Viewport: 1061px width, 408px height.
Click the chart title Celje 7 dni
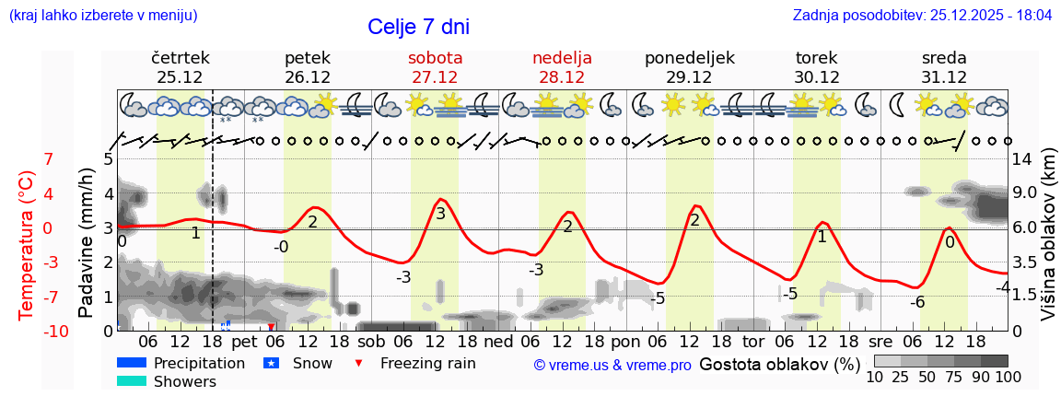tap(424, 27)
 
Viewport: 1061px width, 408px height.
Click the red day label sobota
tap(435, 58)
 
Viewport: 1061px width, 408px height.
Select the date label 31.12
tap(943, 77)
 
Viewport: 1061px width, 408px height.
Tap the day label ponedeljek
tap(689, 58)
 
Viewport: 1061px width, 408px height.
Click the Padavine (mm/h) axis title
tap(87, 243)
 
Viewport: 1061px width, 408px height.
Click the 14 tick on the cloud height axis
tap(1024, 158)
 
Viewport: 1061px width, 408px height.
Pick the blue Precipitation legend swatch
tap(132, 363)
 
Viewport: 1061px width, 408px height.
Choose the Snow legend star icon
tap(271, 363)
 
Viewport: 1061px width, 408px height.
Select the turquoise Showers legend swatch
tap(132, 381)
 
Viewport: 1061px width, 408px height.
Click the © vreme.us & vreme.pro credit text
tap(612, 365)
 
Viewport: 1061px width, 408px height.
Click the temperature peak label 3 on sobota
tap(440, 214)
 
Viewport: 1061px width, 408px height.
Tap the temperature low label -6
tap(917, 302)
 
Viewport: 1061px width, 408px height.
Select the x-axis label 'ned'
tap(498, 342)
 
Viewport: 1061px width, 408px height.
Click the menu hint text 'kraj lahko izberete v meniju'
tap(102, 16)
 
